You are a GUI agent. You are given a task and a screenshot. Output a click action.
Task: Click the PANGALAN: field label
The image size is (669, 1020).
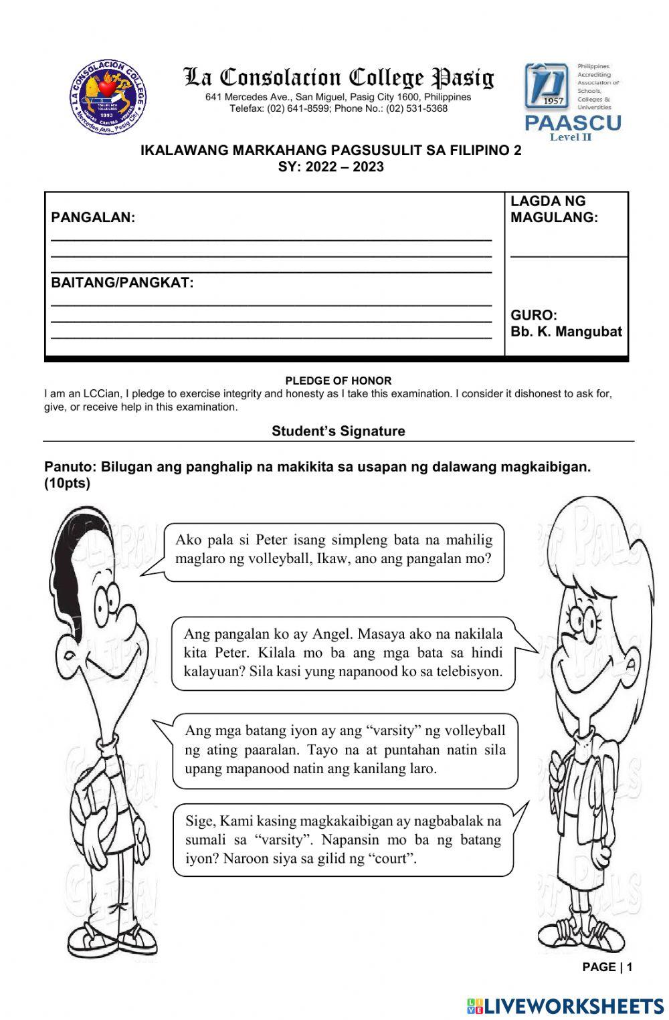[x=93, y=217]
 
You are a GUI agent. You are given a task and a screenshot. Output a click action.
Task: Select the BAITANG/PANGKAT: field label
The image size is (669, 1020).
[x=122, y=282]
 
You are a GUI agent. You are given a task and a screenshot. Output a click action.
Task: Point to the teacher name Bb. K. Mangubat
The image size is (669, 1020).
[x=566, y=332]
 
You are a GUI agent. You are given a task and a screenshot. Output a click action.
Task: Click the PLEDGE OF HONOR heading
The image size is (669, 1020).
[x=339, y=381]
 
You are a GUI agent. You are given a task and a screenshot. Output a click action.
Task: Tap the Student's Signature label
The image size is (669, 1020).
[x=339, y=431]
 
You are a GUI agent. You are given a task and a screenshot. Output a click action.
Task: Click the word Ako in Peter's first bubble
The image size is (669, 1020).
[x=188, y=540]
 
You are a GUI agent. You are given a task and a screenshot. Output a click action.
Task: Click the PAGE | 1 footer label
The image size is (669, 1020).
[x=607, y=966]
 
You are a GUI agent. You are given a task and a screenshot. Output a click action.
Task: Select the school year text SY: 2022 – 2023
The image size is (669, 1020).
[x=331, y=167]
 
